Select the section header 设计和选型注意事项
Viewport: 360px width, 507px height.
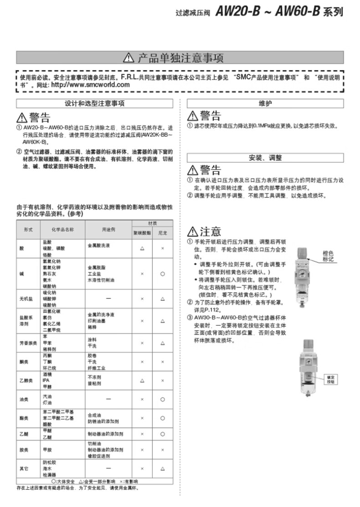pyautogui.click(x=95, y=103)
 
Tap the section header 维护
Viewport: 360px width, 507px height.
pyautogui.click(x=265, y=103)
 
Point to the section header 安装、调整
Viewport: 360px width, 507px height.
pyautogui.click(x=265, y=158)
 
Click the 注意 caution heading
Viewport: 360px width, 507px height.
pyautogui.click(x=205, y=231)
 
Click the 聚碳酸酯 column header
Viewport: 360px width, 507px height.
pyautogui.click(x=142, y=232)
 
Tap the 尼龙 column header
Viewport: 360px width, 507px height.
pyautogui.click(x=163, y=232)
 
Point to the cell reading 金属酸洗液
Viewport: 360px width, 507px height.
pyautogui.click(x=99, y=245)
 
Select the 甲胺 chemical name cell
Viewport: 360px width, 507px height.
pyautogui.click(x=47, y=449)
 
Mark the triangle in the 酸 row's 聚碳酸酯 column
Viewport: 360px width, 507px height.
pyautogui.click(x=142, y=249)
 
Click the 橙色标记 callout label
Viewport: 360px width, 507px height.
pyautogui.click(x=328, y=256)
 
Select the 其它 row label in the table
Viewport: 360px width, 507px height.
pyautogui.click(x=24, y=468)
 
